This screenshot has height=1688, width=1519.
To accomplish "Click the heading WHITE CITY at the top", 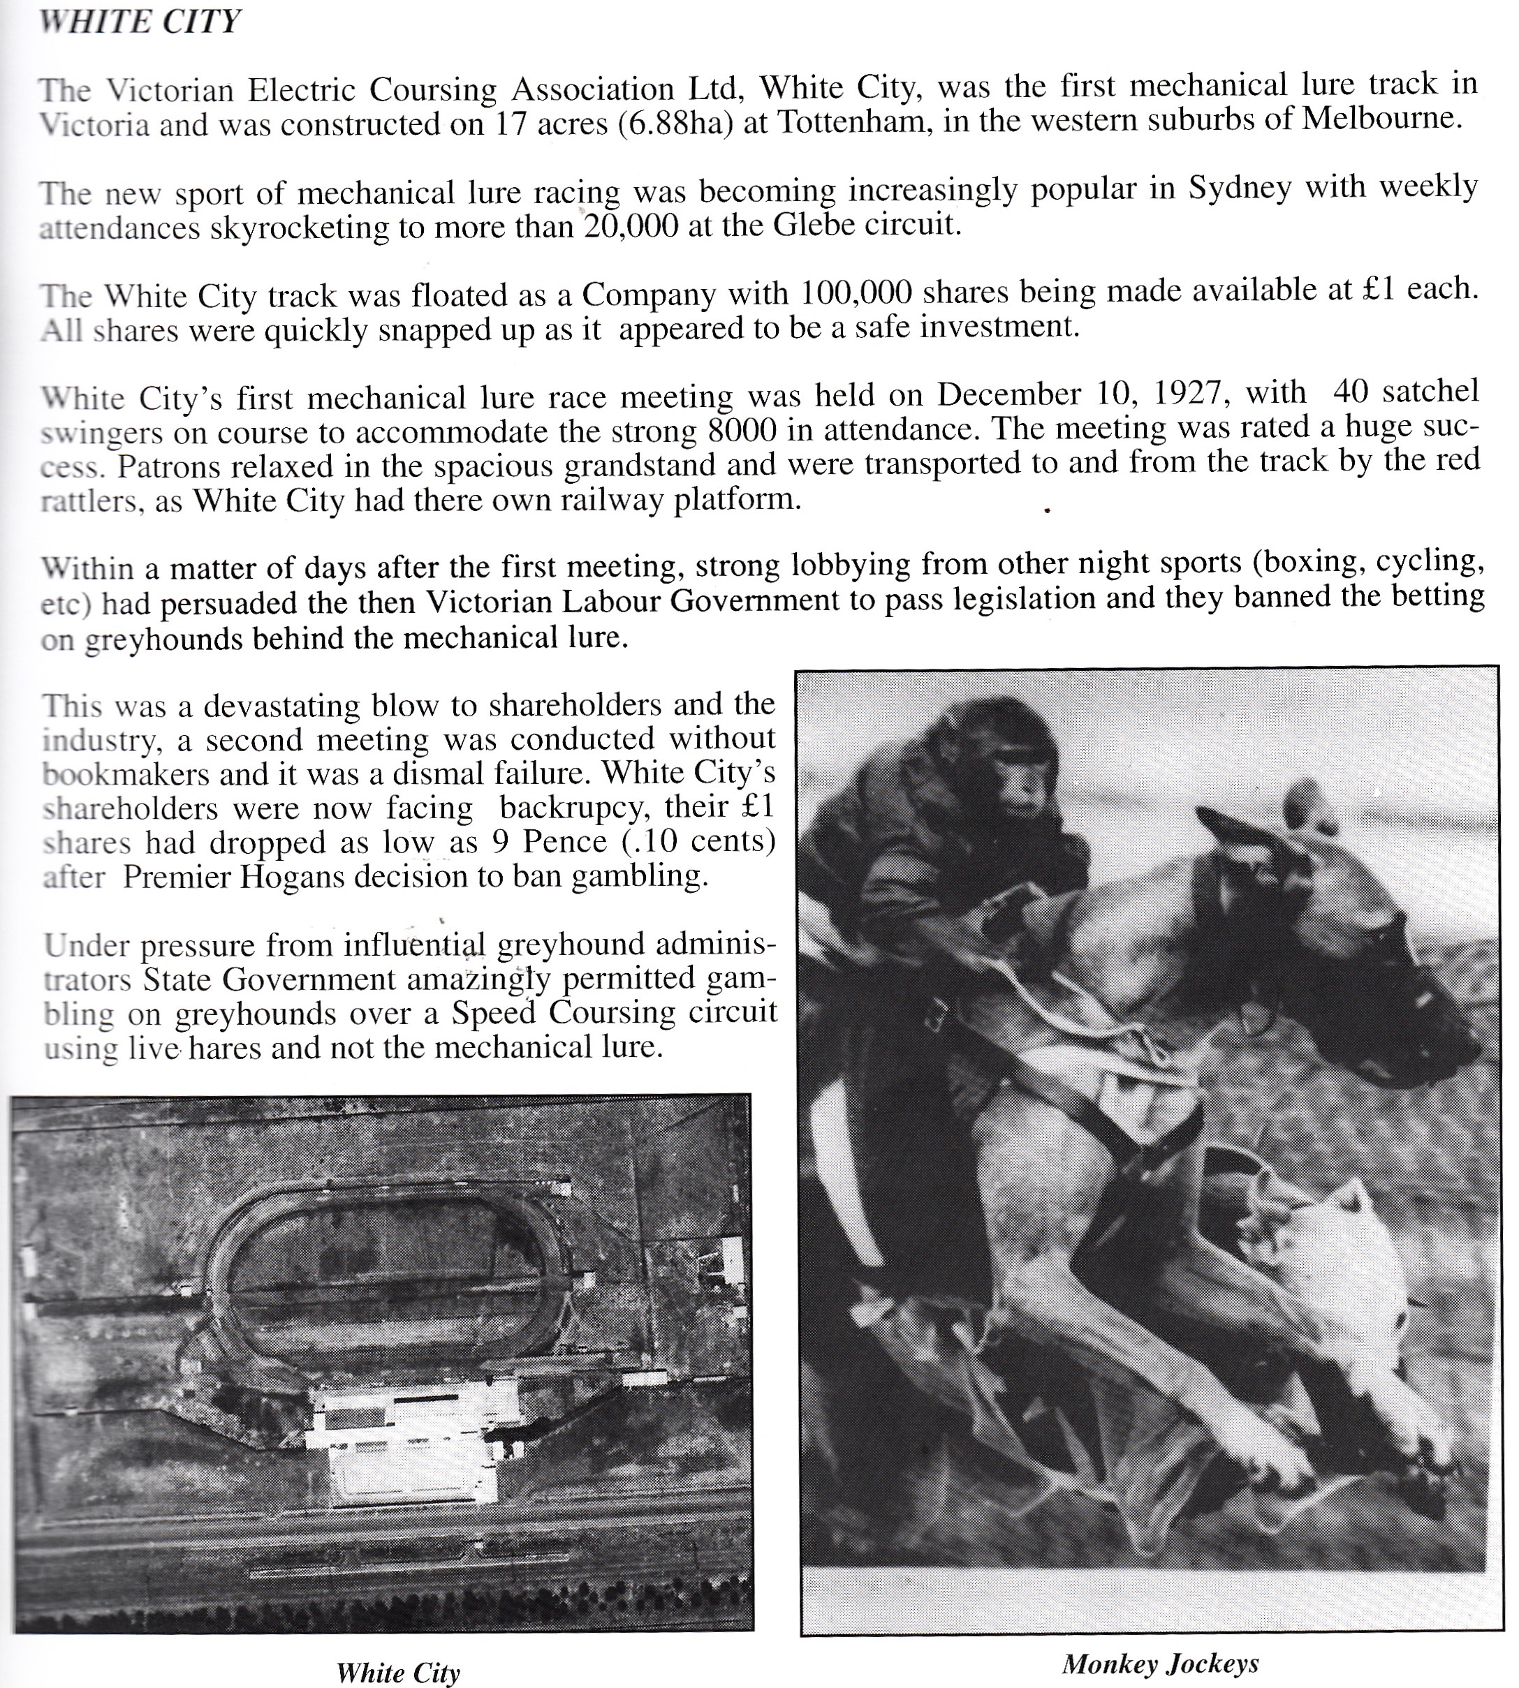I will pyautogui.click(x=140, y=21).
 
